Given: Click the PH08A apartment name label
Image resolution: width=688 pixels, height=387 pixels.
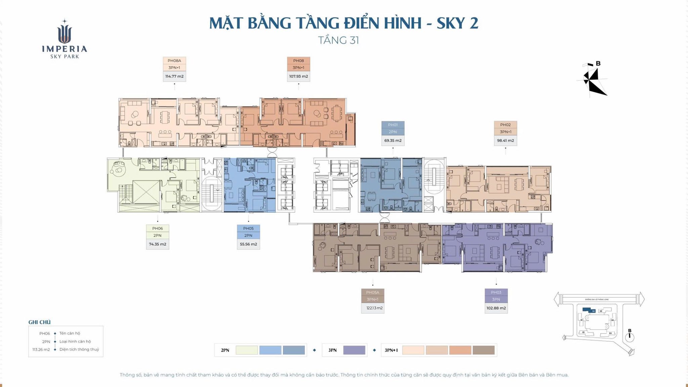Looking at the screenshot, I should point(174,61).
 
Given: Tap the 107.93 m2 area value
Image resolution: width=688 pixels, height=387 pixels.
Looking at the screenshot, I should point(298,76).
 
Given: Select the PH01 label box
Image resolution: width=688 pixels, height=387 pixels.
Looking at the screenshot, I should point(393,125).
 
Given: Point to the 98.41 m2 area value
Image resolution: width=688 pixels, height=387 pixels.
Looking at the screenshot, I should point(505,140).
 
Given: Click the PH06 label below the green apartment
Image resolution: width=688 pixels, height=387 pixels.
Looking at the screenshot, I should point(158,228).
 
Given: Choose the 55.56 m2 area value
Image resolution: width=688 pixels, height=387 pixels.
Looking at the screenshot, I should point(248,244).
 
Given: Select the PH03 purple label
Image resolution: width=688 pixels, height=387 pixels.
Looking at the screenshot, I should point(496,292).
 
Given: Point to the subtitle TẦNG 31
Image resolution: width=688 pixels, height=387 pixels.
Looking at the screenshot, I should point(339,40).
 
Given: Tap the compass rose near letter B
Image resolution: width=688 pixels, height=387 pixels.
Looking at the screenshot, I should point(594,81).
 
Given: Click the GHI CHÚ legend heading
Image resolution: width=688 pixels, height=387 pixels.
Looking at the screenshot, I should point(39,322).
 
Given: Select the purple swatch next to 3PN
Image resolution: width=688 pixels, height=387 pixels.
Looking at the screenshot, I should point(354,350).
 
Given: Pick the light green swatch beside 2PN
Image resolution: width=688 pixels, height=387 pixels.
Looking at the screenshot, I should point(247,350).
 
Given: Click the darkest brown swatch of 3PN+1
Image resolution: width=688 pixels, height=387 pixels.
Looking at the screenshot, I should point(483,350).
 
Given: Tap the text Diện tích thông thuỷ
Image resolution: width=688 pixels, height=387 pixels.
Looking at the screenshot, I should point(79,349).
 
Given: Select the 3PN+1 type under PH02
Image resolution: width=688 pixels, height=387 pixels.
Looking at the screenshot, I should point(505,132).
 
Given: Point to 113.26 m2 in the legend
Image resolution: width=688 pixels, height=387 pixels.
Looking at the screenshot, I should point(41,350).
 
